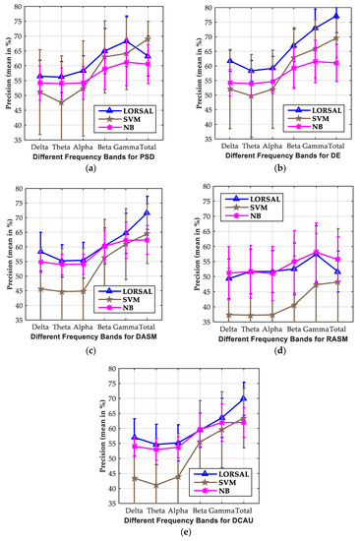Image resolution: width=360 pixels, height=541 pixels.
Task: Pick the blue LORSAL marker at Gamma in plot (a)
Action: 126,41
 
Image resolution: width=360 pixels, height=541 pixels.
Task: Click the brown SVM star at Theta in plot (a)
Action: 61,102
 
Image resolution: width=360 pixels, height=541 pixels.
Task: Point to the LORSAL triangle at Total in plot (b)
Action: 336,16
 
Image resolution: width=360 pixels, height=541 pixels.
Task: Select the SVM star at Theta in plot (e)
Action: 128,485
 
